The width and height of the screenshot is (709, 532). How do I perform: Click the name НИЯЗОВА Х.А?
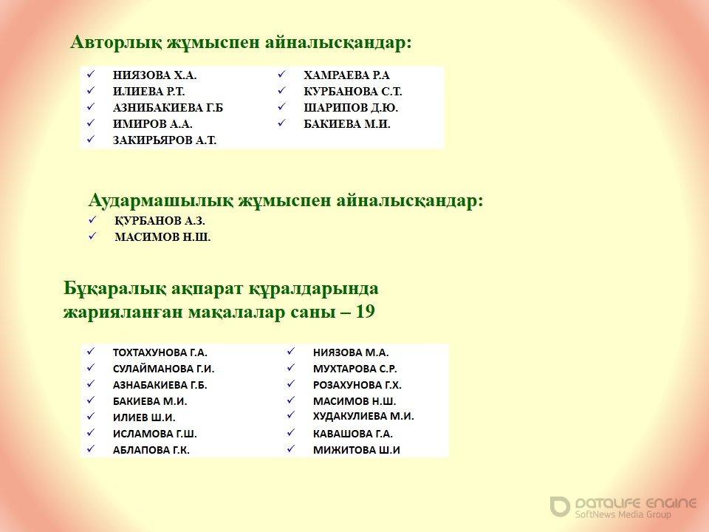pyautogui.click(x=154, y=75)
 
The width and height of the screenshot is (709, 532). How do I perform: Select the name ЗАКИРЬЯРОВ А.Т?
pyautogui.click(x=165, y=140)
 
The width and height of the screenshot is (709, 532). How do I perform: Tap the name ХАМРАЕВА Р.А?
pyautogui.click(x=346, y=75)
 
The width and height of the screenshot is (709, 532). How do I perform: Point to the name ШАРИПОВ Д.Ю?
pyautogui.click(x=351, y=108)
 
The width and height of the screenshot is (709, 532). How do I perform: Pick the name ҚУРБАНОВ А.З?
pyautogui.click(x=160, y=221)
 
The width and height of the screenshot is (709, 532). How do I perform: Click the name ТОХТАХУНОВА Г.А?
pyautogui.click(x=160, y=352)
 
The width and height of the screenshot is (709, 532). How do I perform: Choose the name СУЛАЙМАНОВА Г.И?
pyautogui.click(x=164, y=369)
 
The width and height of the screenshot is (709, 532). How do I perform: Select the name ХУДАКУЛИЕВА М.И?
pyautogui.click(x=363, y=416)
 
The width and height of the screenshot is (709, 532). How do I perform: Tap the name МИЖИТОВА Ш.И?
pyautogui.click(x=356, y=450)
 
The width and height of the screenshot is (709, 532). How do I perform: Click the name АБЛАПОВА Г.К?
pyautogui.click(x=151, y=450)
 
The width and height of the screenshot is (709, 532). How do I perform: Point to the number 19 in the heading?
pyautogui.click(x=366, y=312)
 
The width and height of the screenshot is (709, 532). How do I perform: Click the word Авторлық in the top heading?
pyautogui.click(x=116, y=43)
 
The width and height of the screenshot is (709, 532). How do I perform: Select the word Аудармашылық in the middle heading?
pyautogui.click(x=161, y=200)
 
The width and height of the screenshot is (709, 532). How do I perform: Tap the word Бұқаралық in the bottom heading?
pyautogui.click(x=114, y=289)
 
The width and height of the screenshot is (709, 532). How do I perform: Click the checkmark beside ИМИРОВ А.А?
pyautogui.click(x=91, y=123)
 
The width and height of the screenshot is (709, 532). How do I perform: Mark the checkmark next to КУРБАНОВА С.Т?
pyautogui.click(x=281, y=90)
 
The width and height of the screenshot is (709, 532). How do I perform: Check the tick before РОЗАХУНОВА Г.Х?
pyautogui.click(x=291, y=384)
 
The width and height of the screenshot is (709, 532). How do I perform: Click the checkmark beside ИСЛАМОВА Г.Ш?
pyautogui.click(x=91, y=433)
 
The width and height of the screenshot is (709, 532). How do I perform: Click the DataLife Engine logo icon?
pyautogui.click(x=560, y=506)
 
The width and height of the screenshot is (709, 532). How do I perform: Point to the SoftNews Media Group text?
pyautogui.click(x=623, y=514)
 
